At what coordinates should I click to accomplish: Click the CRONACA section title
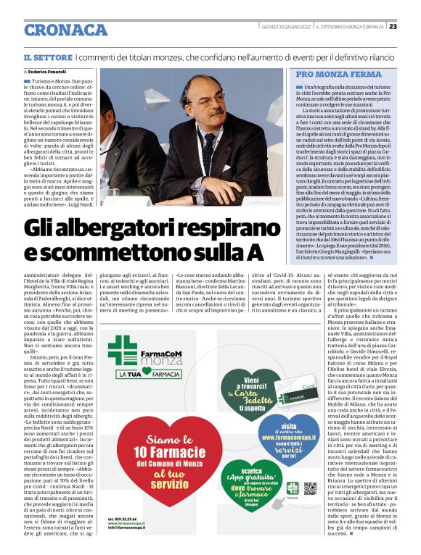pos(65,30)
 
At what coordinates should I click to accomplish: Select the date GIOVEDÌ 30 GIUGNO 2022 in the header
pos(287,27)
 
